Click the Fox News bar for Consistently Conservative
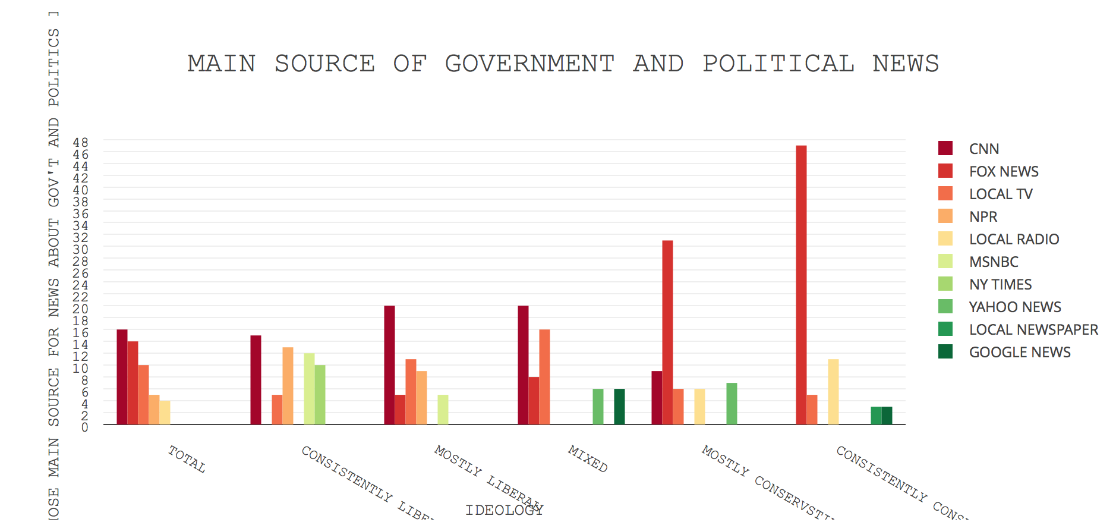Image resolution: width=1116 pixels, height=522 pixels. pos(801,285)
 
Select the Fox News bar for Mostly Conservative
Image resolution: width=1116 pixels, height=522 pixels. pos(667,332)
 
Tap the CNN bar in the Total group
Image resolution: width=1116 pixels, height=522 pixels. pos(122,377)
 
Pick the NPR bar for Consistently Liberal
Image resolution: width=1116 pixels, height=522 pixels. pos(288,386)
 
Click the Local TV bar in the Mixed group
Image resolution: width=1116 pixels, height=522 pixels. pos(544,377)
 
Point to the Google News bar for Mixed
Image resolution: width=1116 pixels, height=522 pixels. pos(619,407)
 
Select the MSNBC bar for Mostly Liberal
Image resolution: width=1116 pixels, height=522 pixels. pos(443,410)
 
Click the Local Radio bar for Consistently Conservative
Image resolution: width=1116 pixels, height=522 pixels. pos(833,392)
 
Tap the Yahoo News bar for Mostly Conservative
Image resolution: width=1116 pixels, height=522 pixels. pos(732,404)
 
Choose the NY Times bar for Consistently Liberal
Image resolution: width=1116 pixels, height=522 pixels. pos(320,395)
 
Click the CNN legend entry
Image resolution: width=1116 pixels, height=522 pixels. pos(983,149)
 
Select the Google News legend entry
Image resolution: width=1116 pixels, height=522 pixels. pos(1019,352)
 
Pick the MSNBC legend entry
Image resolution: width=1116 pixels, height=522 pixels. pos(993,262)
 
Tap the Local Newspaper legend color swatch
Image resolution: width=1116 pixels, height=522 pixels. pos(945,329)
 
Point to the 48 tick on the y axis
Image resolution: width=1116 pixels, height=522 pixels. pos(81,142)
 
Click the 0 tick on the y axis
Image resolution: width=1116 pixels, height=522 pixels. pos(84,427)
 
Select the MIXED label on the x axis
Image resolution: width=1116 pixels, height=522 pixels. pos(588,459)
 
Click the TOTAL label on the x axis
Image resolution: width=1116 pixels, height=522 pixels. pos(187,460)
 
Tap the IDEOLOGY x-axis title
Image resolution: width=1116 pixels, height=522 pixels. pos(504,510)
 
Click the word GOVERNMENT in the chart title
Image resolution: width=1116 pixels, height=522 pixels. pos(529,64)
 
